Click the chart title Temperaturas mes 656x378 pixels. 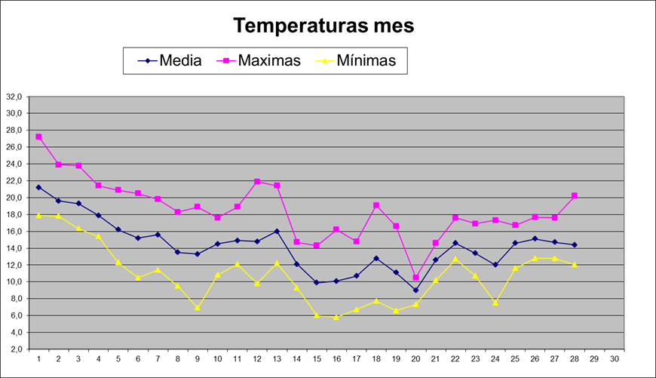[x=323, y=26]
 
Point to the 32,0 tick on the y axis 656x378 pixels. [x=14, y=97]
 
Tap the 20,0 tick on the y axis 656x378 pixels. [x=14, y=198]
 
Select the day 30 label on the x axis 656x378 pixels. [x=615, y=358]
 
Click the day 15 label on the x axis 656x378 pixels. [x=317, y=358]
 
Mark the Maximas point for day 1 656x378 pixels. [x=38, y=137]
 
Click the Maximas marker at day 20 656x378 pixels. [x=415, y=278]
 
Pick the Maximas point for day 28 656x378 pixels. [x=575, y=195]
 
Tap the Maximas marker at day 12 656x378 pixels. [x=257, y=181]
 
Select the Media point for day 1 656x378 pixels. [x=38, y=187]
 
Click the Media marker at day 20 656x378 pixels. [x=415, y=290]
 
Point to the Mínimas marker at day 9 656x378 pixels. [x=198, y=307]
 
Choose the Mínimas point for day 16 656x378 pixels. [x=336, y=317]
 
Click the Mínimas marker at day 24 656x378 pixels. [x=495, y=303]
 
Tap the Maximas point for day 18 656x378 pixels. [x=376, y=205]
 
